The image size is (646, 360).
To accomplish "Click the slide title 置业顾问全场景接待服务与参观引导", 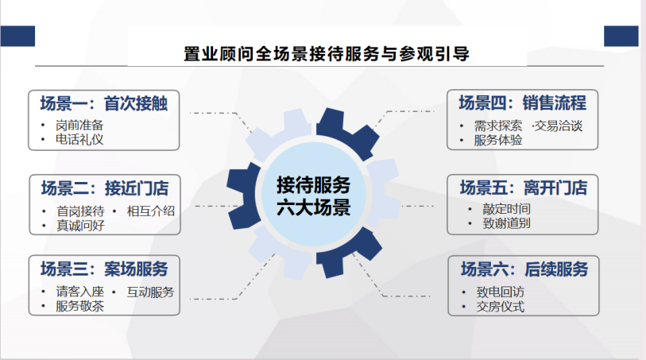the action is pos(327,54).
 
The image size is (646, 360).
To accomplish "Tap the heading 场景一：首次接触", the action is pos(104,103).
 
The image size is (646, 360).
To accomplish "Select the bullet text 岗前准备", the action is pos(79,126).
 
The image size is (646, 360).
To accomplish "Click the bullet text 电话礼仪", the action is pos(79,140).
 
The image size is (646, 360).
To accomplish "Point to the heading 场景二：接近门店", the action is pos(105,188).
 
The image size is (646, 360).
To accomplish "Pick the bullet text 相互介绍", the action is pos(151,211).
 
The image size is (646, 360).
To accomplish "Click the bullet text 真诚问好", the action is pos(80,226).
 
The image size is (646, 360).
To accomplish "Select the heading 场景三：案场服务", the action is pos(104,269).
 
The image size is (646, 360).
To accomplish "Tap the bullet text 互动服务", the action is pos(150,292).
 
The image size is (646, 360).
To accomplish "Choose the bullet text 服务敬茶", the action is pos(80,307).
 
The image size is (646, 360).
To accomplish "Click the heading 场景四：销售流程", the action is pos(522,103).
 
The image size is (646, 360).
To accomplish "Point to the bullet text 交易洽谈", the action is pos(559,126).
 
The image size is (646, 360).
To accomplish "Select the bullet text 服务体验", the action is pos(498,141).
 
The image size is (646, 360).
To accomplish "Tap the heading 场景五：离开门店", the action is pos(524,188).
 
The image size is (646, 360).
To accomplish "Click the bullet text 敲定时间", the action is pos(506,209).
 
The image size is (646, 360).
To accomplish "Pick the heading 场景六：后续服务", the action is pos(524,269).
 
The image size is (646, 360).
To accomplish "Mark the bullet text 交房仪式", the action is pos(501,307).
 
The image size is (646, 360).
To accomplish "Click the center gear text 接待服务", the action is pos(314,185).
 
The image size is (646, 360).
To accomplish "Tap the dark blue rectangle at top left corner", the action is pos(17,37).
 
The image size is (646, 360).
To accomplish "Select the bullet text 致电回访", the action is pos(501,292).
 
